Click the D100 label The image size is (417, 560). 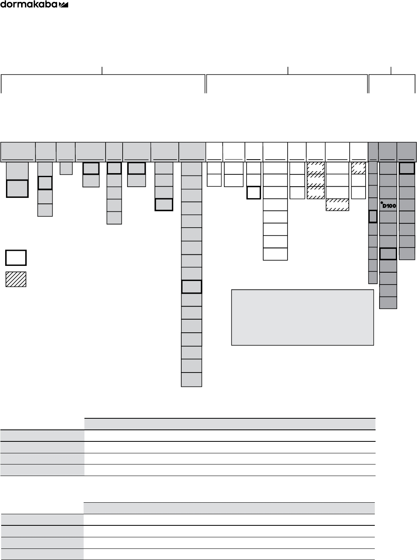[389, 206]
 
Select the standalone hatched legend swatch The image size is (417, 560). [16, 279]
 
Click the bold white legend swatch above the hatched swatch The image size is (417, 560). [16, 258]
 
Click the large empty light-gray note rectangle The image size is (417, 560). [302, 317]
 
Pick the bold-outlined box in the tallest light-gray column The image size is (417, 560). [192, 287]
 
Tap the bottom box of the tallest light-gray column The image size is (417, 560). [192, 380]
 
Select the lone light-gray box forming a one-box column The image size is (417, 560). [66, 168]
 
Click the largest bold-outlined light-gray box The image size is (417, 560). [17, 188]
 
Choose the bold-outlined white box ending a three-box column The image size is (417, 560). [254, 193]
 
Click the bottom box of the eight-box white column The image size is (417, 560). [275, 254]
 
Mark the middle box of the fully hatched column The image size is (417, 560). [315, 180]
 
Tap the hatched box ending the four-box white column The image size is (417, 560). [337, 205]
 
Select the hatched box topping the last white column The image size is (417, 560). [358, 168]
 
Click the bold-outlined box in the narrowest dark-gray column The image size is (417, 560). [373, 216]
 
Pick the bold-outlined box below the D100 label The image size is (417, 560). [388, 254]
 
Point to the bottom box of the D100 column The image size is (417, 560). [388, 302]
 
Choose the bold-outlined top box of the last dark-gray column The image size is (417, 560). [407, 168]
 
